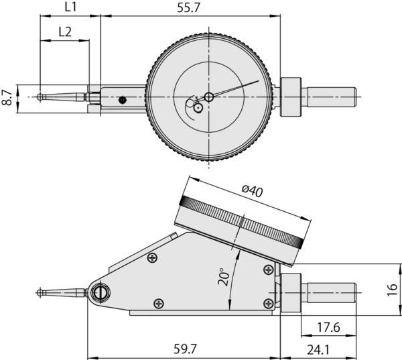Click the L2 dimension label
pos(66,32)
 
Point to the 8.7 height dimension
pos(7,97)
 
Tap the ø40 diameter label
pos(253,191)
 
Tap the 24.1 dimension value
pos(318,349)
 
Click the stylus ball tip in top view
pos(42,97)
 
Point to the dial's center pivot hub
pos(209,97)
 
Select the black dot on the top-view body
pos(122,101)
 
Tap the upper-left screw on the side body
pos(153,258)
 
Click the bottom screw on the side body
pos(158,303)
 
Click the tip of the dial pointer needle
pos(258,82)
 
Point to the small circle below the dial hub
pos(198,107)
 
